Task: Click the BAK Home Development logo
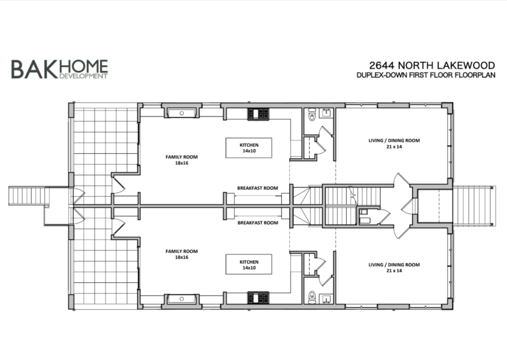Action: coord(59,69)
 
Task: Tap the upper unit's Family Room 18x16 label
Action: coord(181,160)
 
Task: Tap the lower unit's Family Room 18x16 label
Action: coord(181,254)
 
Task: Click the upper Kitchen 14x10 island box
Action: coord(249,148)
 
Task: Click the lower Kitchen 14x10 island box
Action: coord(249,265)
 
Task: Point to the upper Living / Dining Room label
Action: coord(393,143)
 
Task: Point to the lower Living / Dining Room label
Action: coord(393,267)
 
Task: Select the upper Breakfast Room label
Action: coord(257,188)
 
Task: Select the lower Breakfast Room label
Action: coord(257,222)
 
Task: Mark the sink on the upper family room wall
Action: coord(182,113)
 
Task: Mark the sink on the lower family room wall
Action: coord(182,299)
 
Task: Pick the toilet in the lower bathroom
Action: coord(311,296)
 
